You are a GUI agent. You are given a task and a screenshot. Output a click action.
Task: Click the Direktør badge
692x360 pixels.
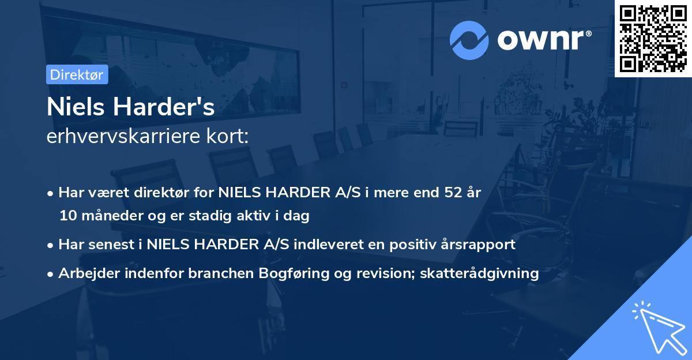click(x=77, y=74)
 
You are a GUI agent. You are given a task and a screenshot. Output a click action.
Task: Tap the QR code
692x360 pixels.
click(x=653, y=38)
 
